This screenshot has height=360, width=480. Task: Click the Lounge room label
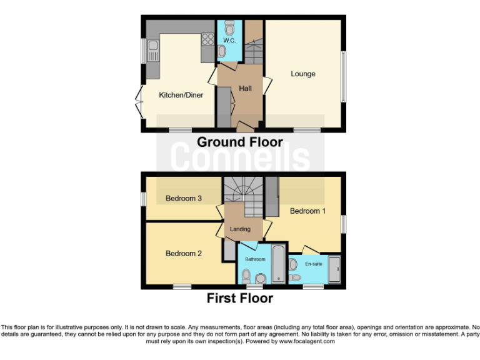point(302,74)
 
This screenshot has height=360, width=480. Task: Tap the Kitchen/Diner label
point(181,95)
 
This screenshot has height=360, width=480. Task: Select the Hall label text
point(245,89)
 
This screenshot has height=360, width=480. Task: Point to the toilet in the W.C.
point(229,29)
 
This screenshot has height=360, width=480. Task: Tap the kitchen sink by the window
point(154,47)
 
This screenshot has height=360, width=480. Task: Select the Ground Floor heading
point(240,142)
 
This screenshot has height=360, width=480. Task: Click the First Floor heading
point(240,298)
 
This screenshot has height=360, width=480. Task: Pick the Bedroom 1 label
point(307,211)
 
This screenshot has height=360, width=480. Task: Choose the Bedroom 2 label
point(184,254)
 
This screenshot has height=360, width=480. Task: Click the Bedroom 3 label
point(183,199)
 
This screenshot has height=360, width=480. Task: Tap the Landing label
point(240,229)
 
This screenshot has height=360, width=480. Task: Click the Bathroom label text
point(255,259)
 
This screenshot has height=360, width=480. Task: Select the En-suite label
point(314,264)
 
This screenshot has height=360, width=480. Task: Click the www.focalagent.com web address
point(307,341)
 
